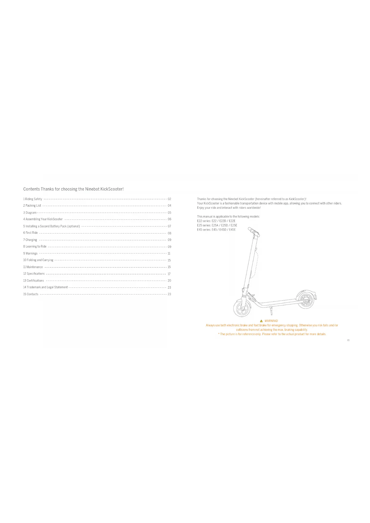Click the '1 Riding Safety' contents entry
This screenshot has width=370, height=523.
pos(33,199)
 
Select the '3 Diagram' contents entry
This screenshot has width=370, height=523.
pos(30,213)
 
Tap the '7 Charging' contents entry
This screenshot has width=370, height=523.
pos(30,240)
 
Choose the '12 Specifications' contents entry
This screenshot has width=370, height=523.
pos(34,274)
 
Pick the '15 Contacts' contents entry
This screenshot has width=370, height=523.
pos(31,294)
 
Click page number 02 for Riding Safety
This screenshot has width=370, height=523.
pos(169,199)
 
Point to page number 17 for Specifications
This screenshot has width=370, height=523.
pos(169,274)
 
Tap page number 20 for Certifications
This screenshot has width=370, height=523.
pos(169,281)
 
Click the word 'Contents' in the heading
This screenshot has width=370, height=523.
pos(31,189)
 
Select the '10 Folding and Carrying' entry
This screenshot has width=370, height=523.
pos(38,260)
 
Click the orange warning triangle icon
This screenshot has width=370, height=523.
pos(261,321)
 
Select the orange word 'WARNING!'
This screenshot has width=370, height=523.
pos(271,321)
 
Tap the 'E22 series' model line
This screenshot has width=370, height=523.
pos(216,221)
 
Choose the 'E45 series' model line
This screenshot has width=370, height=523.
pos(216,230)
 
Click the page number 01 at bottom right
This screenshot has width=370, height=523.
pos(348,340)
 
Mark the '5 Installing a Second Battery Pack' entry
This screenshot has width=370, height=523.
pos(52,226)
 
